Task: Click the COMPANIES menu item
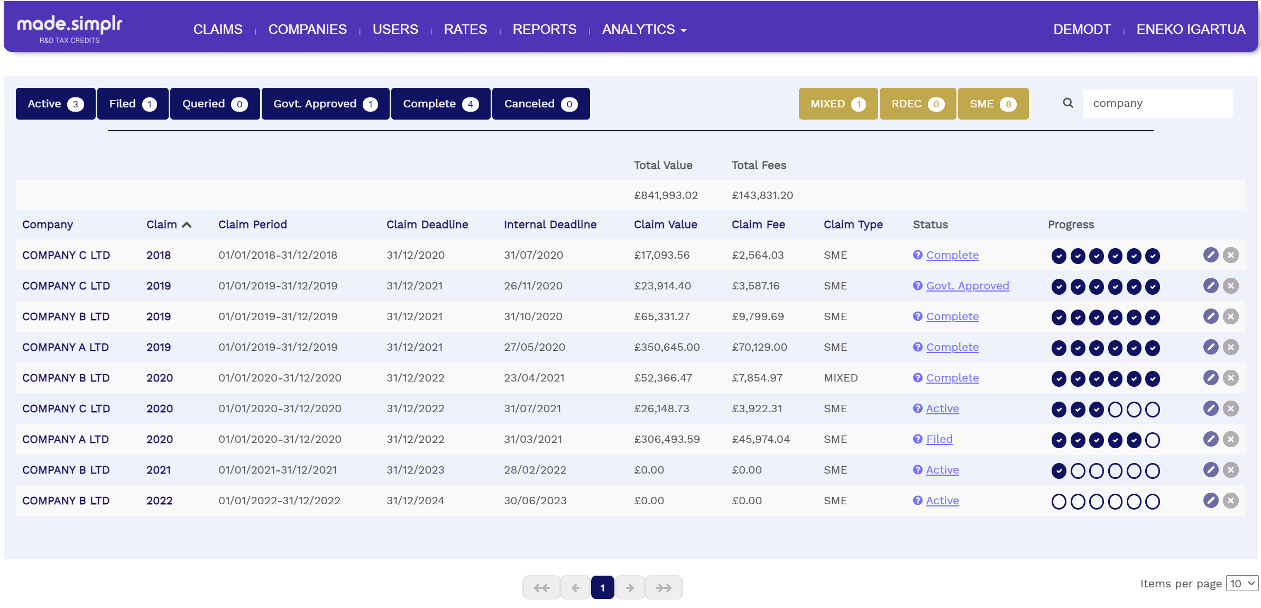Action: [x=307, y=29]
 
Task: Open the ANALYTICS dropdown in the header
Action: [x=643, y=29]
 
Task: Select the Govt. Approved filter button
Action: [x=325, y=104]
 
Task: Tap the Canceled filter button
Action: [x=540, y=104]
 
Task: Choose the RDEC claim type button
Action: [x=917, y=104]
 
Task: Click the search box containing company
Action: [x=1157, y=103]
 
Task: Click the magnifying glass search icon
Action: [x=1068, y=103]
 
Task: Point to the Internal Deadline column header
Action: [x=550, y=224]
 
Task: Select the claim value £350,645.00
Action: [x=666, y=347]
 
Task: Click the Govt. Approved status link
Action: [x=967, y=286]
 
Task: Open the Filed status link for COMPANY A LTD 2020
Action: [x=939, y=439]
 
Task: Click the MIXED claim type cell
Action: [x=840, y=378]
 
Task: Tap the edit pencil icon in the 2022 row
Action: [x=1210, y=501]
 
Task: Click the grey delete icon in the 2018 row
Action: [x=1230, y=255]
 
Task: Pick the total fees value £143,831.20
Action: [x=762, y=195]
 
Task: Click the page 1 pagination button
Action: [x=602, y=587]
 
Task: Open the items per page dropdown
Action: [x=1241, y=584]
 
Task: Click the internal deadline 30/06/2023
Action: [x=535, y=501]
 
